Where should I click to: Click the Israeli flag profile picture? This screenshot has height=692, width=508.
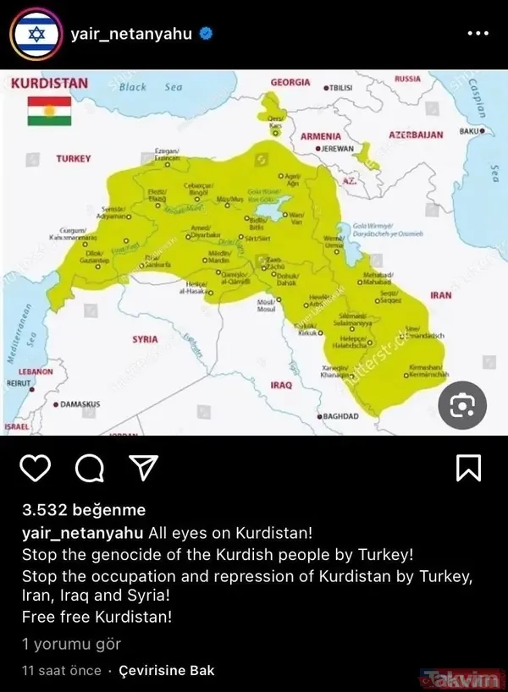(36, 35)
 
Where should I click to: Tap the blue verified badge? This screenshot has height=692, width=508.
(205, 35)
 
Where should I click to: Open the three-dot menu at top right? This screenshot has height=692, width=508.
(478, 35)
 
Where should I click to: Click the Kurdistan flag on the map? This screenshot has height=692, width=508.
(48, 111)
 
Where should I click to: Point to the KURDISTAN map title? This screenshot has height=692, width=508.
(49, 84)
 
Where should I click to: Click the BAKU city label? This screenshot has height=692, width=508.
(470, 132)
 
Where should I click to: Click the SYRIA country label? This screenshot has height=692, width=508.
(145, 339)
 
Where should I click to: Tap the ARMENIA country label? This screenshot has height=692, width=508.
(321, 135)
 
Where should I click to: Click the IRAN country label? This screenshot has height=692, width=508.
(440, 296)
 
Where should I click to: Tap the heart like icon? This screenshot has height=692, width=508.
(35, 467)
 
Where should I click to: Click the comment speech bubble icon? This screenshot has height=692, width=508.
(89, 467)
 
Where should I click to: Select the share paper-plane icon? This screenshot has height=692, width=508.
(143, 467)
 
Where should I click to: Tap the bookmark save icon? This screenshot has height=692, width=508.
(469, 467)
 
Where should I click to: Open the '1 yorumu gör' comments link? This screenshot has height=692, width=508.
(71, 645)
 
